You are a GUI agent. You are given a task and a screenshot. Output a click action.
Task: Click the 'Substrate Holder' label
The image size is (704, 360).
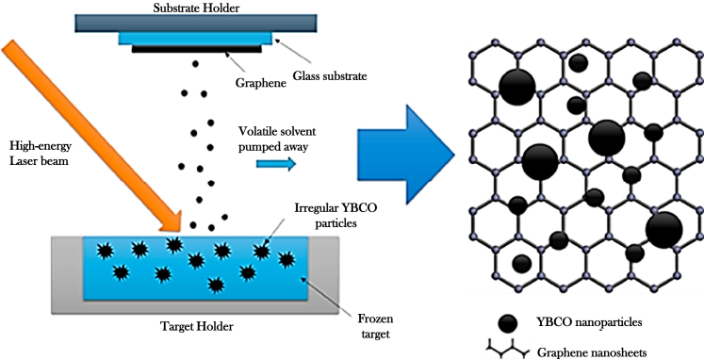tap(197, 8)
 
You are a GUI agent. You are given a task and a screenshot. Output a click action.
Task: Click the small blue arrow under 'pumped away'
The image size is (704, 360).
tap(274, 163)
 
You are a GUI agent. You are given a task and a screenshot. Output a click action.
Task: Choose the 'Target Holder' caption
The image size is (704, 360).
tap(199, 327)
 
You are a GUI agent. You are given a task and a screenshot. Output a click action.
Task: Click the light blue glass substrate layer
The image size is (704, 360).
tap(197, 39)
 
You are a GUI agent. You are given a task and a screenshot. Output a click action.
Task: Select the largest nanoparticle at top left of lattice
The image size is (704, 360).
tap(516, 88)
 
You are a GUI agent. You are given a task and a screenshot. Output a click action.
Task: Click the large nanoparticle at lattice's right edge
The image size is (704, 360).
tap(663, 229)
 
